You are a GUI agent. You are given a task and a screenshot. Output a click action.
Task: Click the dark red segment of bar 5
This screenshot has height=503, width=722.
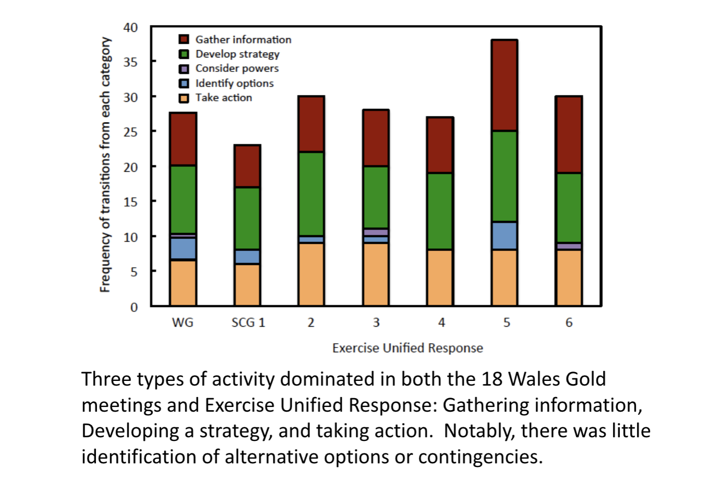504,85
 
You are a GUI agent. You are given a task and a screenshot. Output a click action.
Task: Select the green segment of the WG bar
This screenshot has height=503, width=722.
183,199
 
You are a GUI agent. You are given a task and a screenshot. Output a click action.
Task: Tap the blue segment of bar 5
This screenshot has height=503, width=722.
504,236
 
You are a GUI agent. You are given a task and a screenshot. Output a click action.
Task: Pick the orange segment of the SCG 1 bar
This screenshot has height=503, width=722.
247,284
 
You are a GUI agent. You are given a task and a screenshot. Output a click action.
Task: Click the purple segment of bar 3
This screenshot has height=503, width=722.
376,232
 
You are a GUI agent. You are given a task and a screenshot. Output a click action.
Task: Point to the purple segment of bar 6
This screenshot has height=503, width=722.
569,246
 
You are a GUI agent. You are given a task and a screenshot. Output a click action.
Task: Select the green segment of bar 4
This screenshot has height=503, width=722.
440,211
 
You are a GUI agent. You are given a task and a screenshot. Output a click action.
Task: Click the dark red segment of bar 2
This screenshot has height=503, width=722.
311,124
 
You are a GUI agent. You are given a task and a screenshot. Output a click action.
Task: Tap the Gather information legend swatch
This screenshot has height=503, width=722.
184,40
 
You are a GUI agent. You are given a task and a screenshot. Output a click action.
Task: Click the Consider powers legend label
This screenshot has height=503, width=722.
237,68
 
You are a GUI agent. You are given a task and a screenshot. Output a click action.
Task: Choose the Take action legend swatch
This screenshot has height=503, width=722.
184,98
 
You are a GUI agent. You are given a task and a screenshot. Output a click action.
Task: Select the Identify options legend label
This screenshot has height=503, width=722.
234,83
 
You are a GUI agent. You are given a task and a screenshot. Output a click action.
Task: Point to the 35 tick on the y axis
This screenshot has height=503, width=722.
131,62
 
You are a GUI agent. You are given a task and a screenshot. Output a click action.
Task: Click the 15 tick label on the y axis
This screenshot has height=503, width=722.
131,202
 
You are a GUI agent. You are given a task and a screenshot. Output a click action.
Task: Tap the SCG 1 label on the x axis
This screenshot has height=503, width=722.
248,322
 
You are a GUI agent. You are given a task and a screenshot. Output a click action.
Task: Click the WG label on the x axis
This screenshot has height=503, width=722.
183,322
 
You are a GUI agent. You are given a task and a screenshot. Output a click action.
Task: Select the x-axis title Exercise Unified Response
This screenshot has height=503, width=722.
407,348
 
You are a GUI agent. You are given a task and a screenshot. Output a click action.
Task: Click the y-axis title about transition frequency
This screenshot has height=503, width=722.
105,164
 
